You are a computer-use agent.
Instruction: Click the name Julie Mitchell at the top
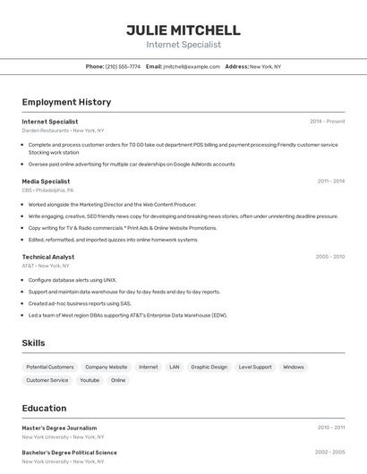point(183,30)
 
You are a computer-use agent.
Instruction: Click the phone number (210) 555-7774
point(123,66)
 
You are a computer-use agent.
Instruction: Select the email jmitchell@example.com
point(192,66)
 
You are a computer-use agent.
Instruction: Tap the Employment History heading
point(66,102)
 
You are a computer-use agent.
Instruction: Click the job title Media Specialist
point(46,181)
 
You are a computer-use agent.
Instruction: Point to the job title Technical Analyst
point(48,257)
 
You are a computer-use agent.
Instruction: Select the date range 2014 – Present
point(327,122)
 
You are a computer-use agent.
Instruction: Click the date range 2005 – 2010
point(329,257)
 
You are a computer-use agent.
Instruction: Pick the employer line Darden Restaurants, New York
point(63,131)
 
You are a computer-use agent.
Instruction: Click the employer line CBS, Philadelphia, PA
point(47,190)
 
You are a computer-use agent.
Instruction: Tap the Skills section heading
point(34,343)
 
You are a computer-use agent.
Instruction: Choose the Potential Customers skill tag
point(50,367)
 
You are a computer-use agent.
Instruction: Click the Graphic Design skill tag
point(209,367)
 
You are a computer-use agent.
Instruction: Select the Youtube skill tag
point(90,380)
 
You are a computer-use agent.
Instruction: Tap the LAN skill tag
point(174,367)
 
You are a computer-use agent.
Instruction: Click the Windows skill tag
point(293,367)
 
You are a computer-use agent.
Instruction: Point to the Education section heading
point(44,408)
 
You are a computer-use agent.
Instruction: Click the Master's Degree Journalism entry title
point(59,427)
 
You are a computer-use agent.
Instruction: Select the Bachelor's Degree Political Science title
point(69,453)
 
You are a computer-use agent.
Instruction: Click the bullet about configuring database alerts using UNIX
point(73,280)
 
